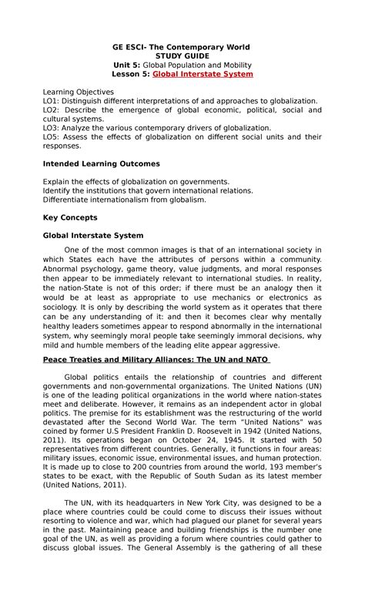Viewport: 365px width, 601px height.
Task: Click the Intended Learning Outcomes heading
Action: pos(100,163)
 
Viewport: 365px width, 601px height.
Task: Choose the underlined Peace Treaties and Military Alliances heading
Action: pos(154,360)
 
